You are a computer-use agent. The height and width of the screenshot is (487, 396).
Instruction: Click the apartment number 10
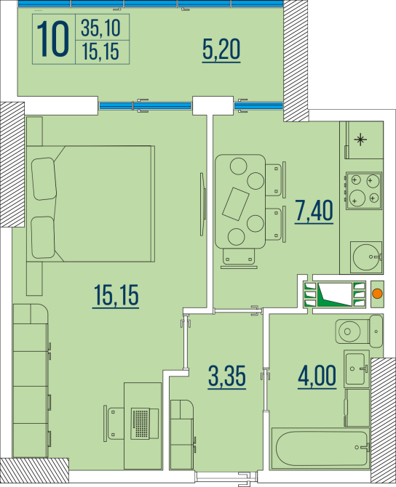(55, 39)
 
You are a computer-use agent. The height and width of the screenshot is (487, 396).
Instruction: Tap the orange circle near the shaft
(377, 294)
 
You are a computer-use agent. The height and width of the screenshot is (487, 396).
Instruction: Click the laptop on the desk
(143, 421)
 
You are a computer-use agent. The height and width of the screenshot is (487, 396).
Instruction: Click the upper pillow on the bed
(44, 178)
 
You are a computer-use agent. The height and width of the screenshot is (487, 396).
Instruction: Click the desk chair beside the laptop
(115, 422)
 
